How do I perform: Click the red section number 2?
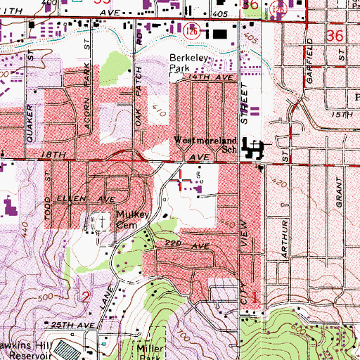[86, 296]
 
